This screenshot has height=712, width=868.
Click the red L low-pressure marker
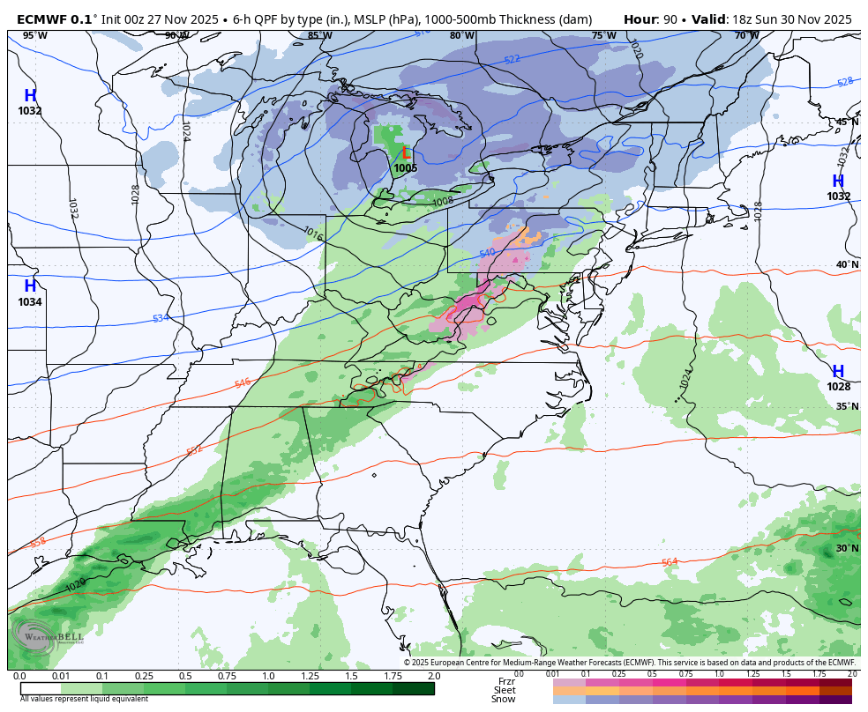click(406, 153)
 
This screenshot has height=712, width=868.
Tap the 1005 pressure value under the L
click(406, 168)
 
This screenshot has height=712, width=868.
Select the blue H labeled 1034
click(30, 286)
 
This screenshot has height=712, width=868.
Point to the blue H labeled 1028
click(838, 372)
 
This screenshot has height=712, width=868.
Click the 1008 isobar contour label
click(444, 202)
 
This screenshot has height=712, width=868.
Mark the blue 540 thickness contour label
click(487, 253)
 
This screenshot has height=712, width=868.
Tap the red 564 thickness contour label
click(670, 562)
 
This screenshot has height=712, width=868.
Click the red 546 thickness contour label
click(243, 383)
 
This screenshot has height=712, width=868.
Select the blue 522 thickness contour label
click(512, 59)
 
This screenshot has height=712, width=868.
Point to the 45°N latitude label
click(847, 122)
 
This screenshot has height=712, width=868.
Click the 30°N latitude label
click(847, 548)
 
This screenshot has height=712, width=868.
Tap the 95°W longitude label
click(34, 35)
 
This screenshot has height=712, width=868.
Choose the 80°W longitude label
click(461, 35)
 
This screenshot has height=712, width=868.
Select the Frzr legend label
click(506, 681)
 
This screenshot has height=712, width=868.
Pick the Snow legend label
click(504, 700)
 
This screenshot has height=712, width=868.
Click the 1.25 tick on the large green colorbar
click(310, 676)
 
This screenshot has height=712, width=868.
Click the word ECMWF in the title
click(42, 19)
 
